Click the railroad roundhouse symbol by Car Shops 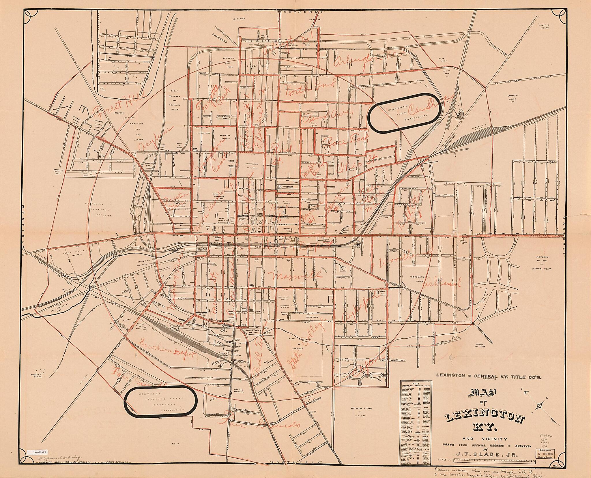pyautogui.click(x=458, y=114)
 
